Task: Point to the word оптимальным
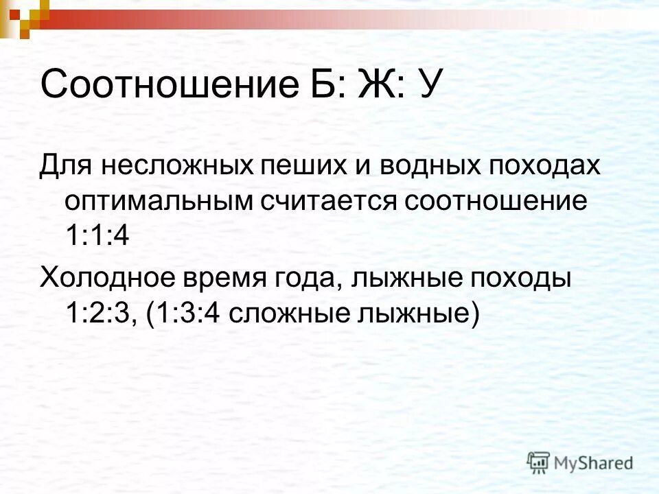pyautogui.click(x=161, y=202)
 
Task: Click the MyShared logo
pyautogui.click(x=580, y=462)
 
